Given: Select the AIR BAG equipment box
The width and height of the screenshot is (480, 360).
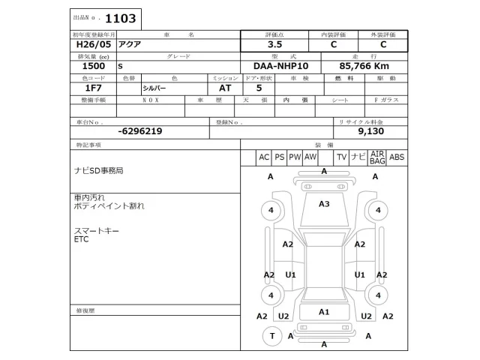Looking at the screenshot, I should tap(376, 157).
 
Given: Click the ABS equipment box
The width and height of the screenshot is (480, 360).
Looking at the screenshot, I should tap(397, 157).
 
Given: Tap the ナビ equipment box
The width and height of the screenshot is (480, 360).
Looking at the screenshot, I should tap(358, 157).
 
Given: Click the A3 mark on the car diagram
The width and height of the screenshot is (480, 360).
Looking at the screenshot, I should tap(324, 204).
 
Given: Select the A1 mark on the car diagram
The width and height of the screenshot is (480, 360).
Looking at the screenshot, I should tap(324, 311).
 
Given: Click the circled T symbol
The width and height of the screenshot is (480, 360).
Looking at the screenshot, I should tap(271, 337).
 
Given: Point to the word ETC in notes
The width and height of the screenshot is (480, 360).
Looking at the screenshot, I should tap(81, 239).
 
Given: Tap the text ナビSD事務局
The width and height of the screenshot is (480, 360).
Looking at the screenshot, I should tap(97, 171).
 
